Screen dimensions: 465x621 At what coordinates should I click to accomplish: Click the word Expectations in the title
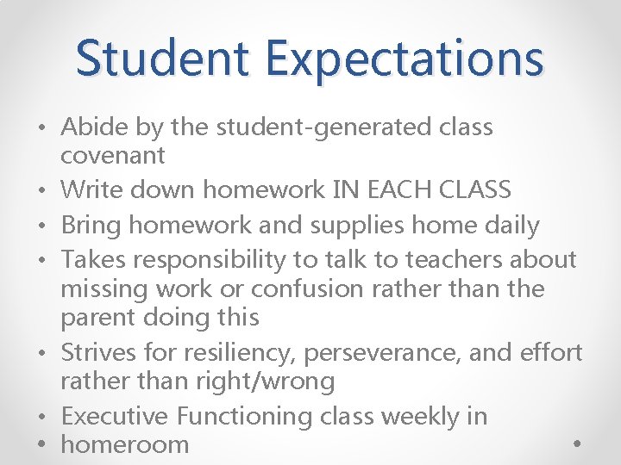click(405, 58)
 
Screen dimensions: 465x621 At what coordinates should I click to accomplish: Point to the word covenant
click(112, 156)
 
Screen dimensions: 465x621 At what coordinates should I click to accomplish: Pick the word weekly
click(414, 416)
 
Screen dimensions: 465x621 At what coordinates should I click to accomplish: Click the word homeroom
click(125, 444)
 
